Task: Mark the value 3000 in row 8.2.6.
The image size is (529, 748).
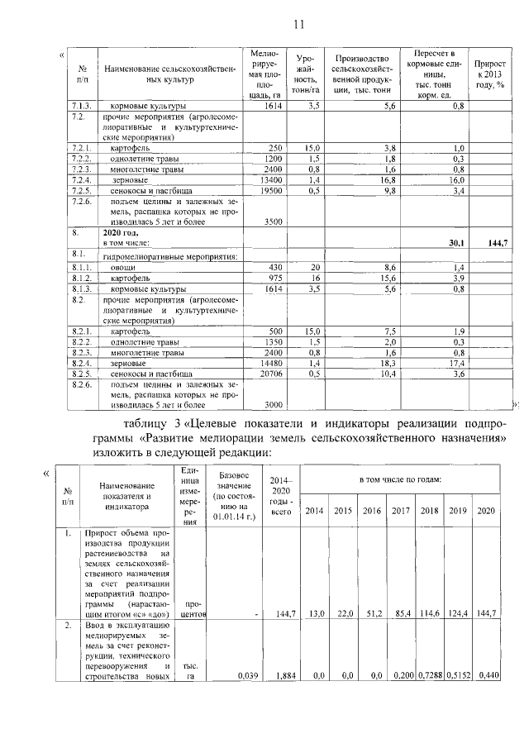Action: click(x=273, y=405)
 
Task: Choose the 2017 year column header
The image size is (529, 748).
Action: click(x=401, y=511)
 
